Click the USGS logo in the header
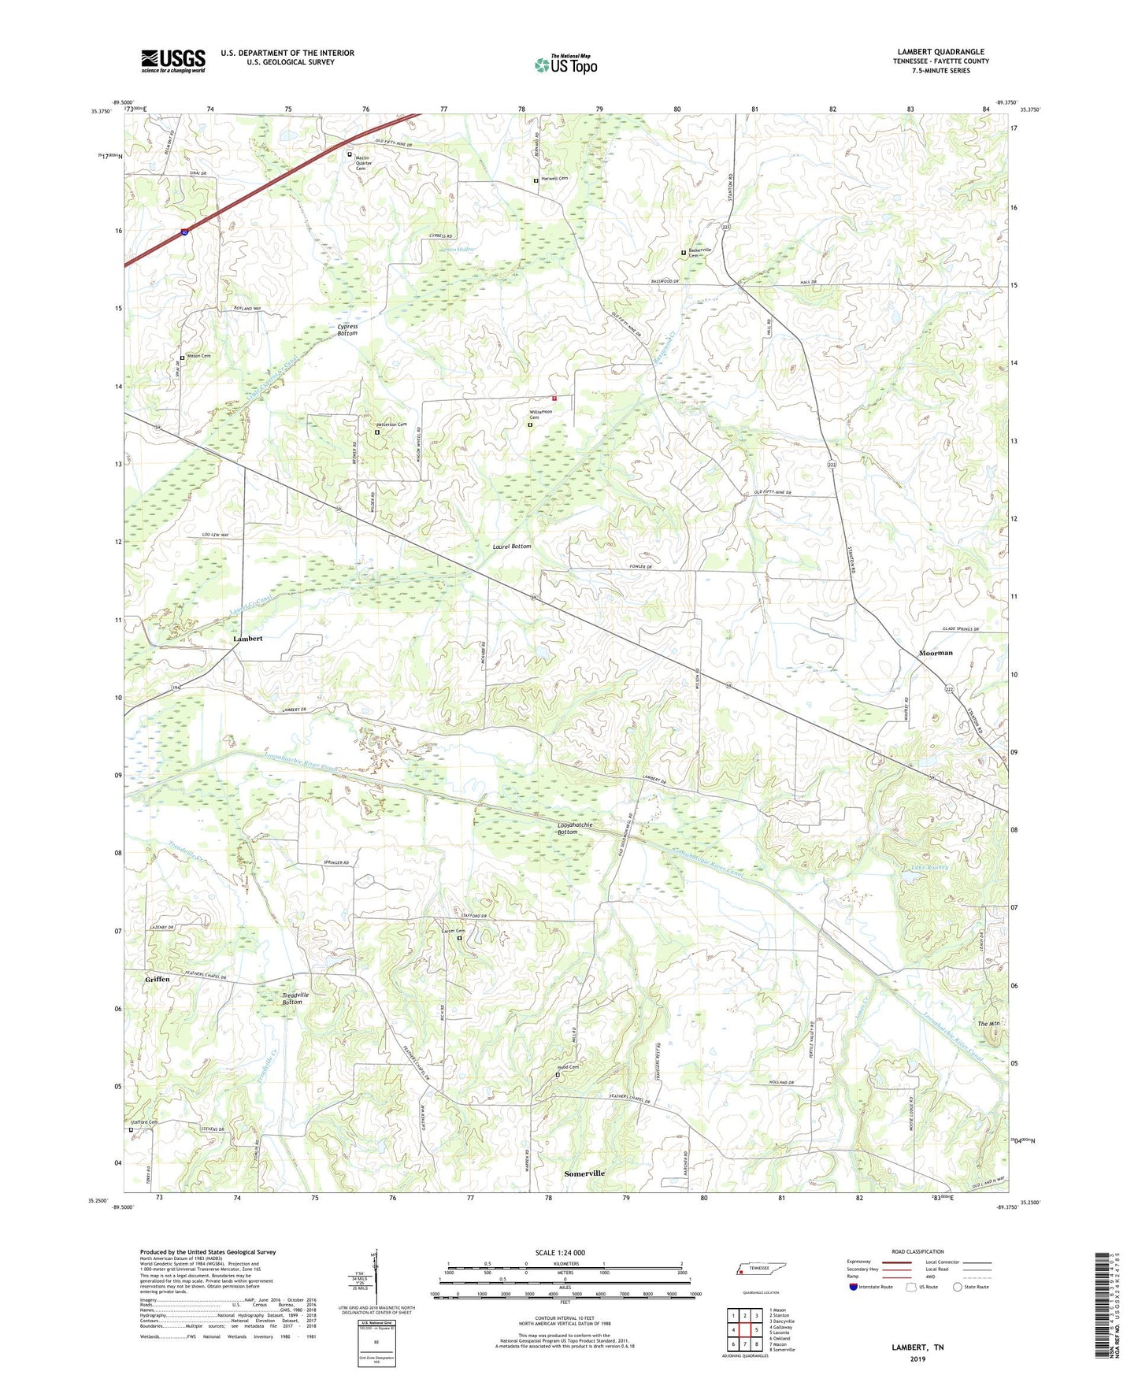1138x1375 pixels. (x=172, y=61)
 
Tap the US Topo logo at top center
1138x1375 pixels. (x=565, y=65)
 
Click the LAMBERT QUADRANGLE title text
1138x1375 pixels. (x=940, y=52)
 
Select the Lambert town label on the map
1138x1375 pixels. (x=247, y=639)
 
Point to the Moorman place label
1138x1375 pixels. (x=936, y=653)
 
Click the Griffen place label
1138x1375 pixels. (x=158, y=979)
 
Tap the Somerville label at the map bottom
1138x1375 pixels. (x=584, y=1173)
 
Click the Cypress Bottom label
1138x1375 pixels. (x=347, y=330)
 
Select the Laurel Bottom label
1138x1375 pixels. (x=512, y=546)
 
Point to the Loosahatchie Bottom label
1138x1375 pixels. (x=575, y=828)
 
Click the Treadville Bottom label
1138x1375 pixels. (x=295, y=998)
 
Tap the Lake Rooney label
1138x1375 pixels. (x=929, y=868)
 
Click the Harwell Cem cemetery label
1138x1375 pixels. (x=554, y=179)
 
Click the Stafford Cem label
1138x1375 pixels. (x=144, y=1122)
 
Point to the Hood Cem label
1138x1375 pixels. (x=569, y=1068)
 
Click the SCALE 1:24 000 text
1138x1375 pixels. (x=560, y=1252)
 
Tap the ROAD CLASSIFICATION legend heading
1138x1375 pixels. (x=917, y=1251)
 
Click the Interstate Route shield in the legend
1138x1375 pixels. (x=854, y=1287)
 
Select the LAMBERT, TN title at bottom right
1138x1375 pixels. (x=917, y=1347)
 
